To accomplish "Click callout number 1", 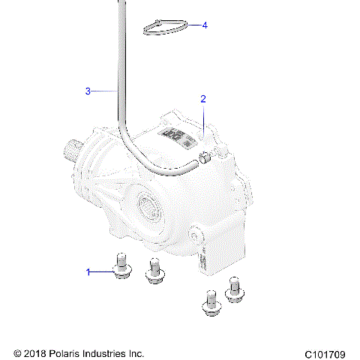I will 88,271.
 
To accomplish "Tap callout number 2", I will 202,99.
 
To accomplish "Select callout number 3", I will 88,91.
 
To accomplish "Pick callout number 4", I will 205,25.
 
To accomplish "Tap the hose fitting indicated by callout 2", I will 204,157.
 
